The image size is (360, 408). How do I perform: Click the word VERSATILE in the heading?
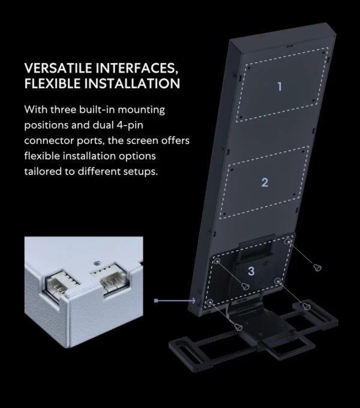point(58,68)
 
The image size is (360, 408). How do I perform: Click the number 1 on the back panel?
point(280,86)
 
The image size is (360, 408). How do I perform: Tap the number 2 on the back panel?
point(265,182)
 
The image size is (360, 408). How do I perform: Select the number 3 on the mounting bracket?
point(251,271)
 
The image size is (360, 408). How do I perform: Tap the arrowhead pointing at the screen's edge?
point(194,301)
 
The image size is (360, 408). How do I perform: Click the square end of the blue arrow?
point(156,301)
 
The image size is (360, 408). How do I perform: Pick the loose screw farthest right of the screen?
point(317,267)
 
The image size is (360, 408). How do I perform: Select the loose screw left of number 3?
point(245,286)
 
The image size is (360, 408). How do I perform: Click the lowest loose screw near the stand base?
point(238,327)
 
